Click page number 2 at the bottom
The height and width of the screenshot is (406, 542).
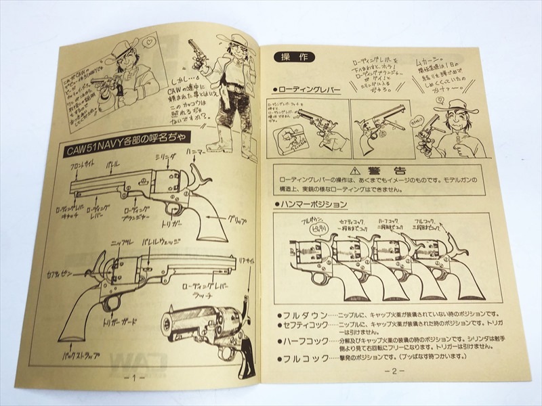coord(394,371)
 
